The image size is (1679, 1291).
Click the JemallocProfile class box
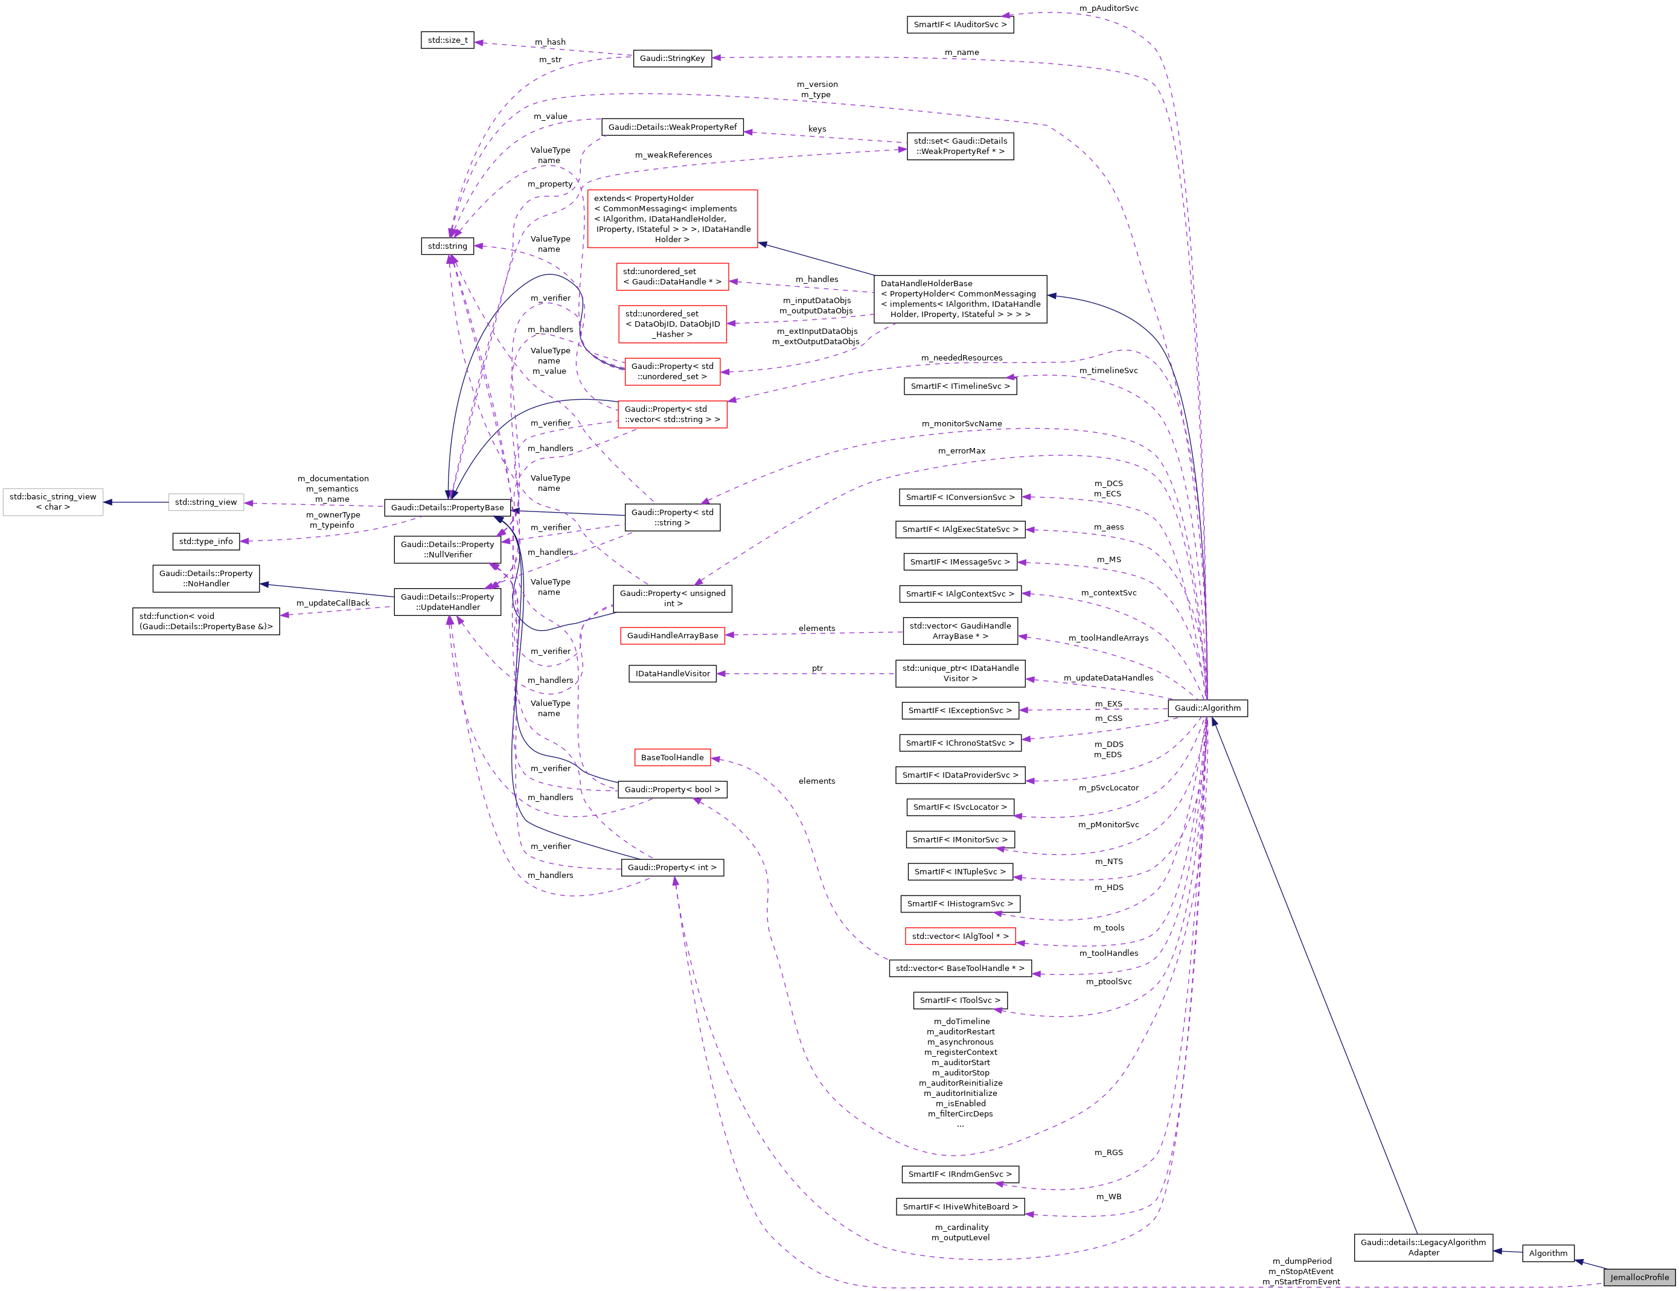(1639, 1277)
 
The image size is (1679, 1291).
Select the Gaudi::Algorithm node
(1207, 708)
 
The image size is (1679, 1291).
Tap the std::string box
(447, 246)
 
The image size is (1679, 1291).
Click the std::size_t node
(447, 40)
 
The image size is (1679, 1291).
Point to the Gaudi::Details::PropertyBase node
(447, 507)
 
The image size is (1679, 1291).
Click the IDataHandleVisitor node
(673, 674)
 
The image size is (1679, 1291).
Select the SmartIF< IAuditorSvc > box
(960, 25)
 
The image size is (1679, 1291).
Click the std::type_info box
(206, 542)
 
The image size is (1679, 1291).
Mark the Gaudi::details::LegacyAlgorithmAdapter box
(1423, 1247)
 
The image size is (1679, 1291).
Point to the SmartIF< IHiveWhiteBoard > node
(960, 1207)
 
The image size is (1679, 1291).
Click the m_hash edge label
(550, 42)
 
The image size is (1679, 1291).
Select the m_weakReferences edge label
(673, 155)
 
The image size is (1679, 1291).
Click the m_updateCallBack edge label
(333, 603)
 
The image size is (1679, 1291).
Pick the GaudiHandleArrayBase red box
(673, 635)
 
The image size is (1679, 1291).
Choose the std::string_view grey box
(206, 502)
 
